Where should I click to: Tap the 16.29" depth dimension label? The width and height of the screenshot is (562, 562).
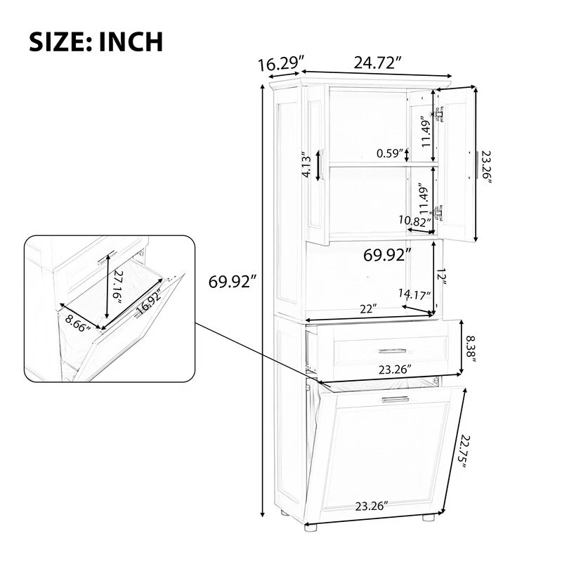tap(279, 65)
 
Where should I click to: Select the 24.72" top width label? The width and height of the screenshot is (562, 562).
tap(377, 63)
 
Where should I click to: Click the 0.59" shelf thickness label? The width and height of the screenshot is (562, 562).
tap(391, 153)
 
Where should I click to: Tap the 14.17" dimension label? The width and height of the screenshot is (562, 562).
tap(414, 296)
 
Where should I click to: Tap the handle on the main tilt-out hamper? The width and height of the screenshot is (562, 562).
tap(396, 399)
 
